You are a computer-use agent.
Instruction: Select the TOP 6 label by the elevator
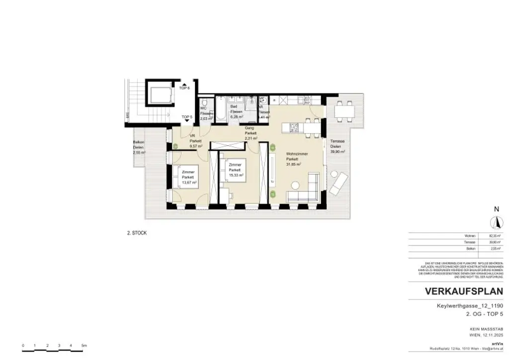click(x=185, y=88)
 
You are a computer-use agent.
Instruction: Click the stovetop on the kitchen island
click(x=293, y=128)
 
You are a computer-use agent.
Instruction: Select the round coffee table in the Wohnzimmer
click(x=295, y=185)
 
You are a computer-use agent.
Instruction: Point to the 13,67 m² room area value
click(x=189, y=183)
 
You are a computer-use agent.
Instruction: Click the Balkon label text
click(x=138, y=142)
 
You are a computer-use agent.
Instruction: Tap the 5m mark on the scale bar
click(x=84, y=345)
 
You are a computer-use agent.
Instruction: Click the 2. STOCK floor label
click(x=137, y=233)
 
